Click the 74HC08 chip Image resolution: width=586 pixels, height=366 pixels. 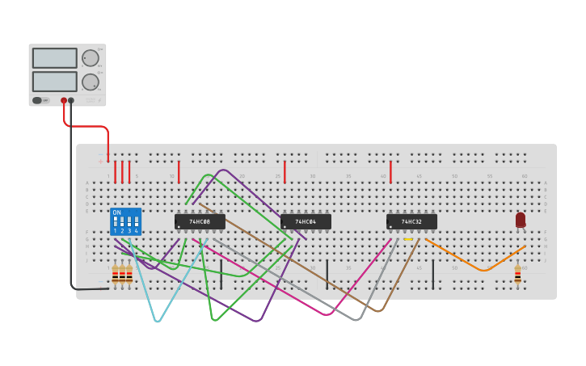click(x=200, y=221)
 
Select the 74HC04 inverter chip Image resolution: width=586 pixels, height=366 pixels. click(x=306, y=221)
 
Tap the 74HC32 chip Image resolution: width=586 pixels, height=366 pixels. click(x=411, y=221)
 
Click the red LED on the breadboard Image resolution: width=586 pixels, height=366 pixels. click(x=521, y=220)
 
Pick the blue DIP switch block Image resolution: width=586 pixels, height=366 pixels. click(x=125, y=222)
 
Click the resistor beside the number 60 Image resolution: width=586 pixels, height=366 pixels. click(x=517, y=276)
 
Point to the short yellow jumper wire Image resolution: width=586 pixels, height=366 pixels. click(x=407, y=240)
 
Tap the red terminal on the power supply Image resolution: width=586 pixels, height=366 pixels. click(x=64, y=101)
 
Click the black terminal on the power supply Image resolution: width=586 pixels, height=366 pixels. click(x=71, y=101)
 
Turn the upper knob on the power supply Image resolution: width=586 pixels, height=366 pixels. click(x=90, y=58)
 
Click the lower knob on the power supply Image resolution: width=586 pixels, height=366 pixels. click(x=90, y=82)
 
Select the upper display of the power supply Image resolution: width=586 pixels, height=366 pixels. click(x=54, y=58)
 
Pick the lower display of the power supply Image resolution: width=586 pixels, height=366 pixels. click(x=54, y=82)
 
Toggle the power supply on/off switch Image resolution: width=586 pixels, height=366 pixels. click(x=37, y=101)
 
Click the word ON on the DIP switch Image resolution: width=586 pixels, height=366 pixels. click(x=116, y=212)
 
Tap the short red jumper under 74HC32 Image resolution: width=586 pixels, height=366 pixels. click(x=390, y=172)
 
